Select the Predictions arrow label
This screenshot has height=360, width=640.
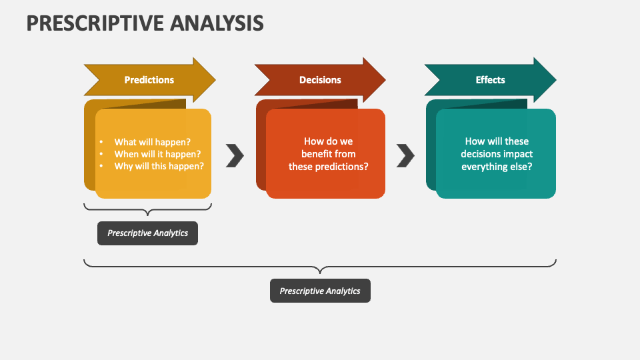149,80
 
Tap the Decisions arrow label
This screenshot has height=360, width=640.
320,80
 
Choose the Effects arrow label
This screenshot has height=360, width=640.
490,80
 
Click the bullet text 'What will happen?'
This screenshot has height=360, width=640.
152,141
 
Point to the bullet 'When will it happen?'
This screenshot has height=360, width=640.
157,154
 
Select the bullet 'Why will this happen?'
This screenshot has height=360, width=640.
159,166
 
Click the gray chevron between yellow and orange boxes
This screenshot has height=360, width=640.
235,155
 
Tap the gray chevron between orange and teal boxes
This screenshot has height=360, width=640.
405,155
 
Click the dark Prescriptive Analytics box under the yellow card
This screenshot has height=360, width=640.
147,233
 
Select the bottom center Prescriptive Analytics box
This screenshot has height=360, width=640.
320,291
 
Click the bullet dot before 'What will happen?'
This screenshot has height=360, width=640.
101,142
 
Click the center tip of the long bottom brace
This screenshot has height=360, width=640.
320,272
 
